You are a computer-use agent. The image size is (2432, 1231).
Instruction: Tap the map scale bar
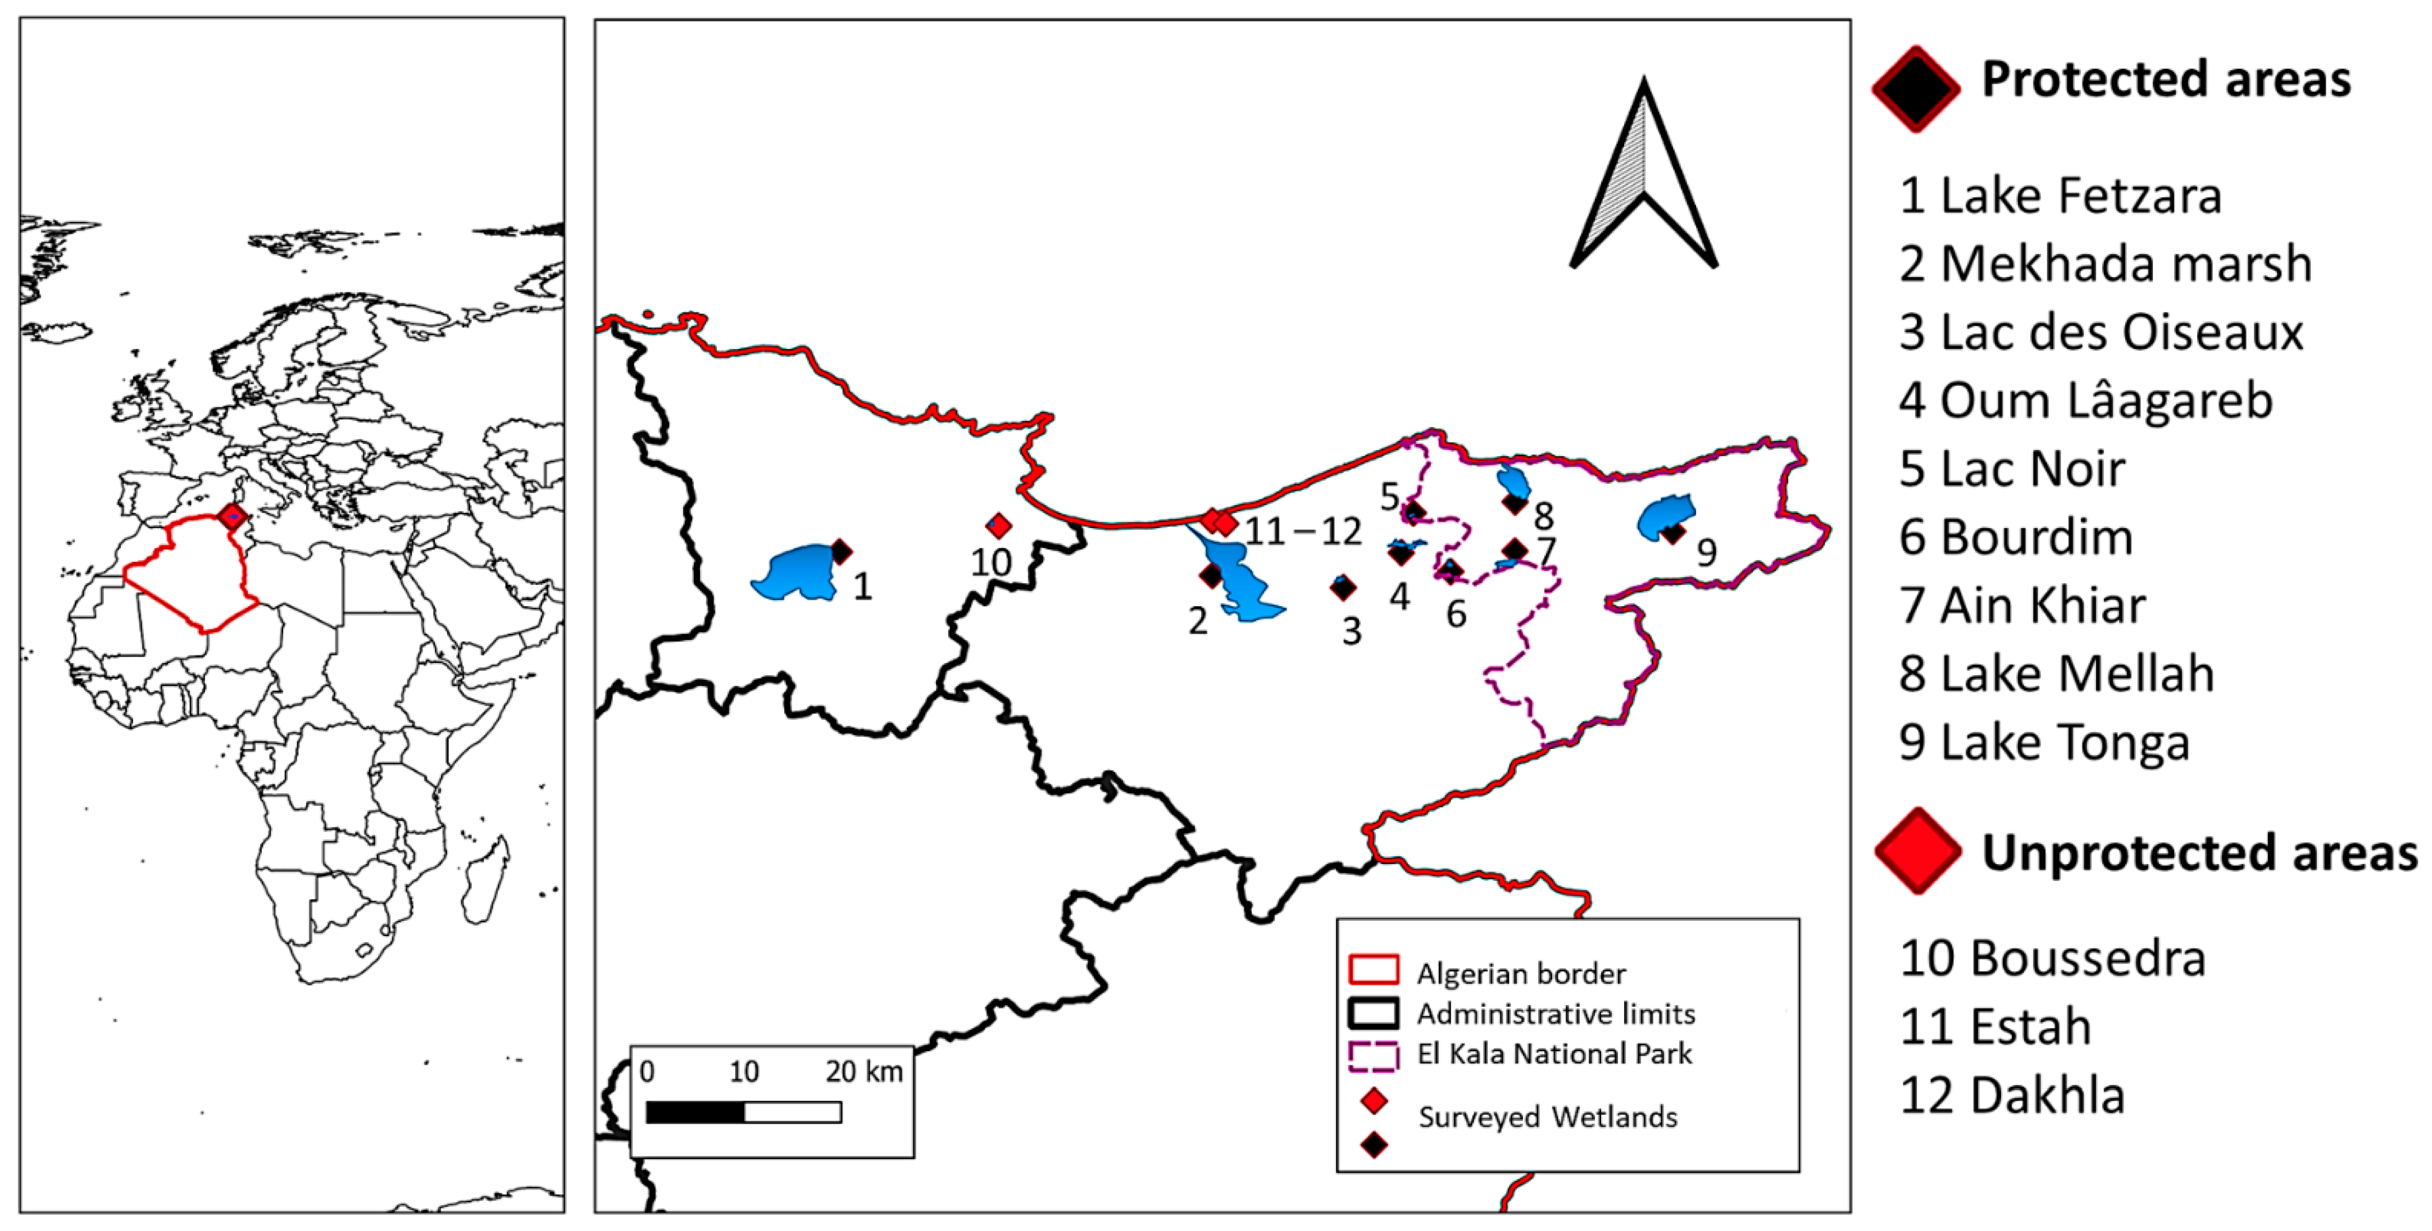[x=744, y=1112]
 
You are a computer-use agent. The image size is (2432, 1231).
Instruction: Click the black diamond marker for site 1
[x=841, y=551]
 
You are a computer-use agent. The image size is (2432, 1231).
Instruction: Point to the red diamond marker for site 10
[x=998, y=526]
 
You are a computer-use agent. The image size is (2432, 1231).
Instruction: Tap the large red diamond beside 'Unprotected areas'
[x=1917, y=851]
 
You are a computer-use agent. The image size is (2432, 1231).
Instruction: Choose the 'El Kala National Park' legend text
[x=1554, y=1053]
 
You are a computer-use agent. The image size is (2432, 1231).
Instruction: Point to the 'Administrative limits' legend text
[x=1556, y=1014]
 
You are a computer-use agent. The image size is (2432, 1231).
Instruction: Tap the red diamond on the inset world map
[x=232, y=516]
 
